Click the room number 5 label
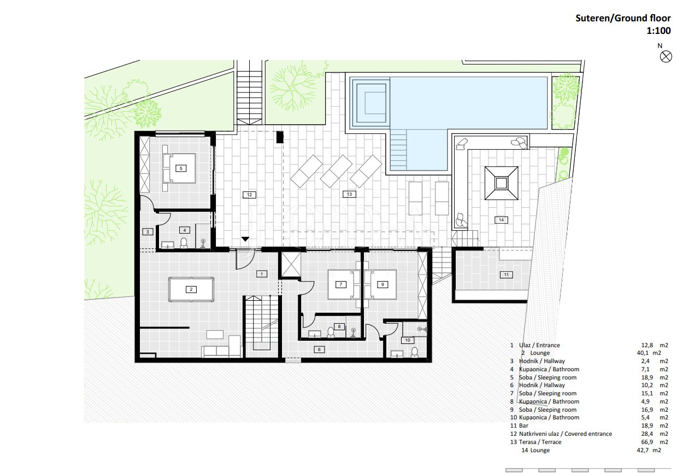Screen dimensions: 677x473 181,168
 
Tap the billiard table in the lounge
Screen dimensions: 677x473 191,289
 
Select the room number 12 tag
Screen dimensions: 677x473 249,195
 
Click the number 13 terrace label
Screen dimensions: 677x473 349,194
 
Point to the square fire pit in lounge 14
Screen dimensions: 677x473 502,183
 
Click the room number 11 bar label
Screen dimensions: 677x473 506,275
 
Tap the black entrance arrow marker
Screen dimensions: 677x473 245,239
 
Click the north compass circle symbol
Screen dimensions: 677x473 666,56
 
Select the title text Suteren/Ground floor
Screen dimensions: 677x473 623,18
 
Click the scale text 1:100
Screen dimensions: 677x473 658,31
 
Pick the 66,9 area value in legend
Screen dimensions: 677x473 647,442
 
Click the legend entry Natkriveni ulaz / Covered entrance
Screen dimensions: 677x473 565,434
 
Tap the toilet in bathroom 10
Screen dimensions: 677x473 415,352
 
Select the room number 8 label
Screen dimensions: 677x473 339,326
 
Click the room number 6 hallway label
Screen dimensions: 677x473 319,349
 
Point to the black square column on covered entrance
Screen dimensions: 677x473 280,137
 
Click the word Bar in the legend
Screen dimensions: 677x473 523,425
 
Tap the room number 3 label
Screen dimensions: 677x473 148,232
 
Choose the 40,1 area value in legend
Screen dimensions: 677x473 643,353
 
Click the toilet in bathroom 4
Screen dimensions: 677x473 184,243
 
